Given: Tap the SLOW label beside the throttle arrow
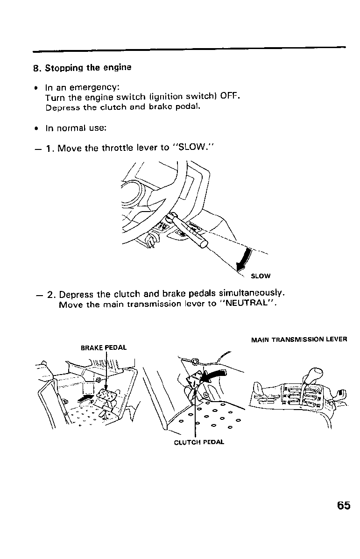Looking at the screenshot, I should pyautogui.click(x=261, y=276).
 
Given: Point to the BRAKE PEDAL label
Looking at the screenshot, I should pyautogui.click(x=104, y=347).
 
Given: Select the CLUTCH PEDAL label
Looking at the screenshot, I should pyautogui.click(x=199, y=442).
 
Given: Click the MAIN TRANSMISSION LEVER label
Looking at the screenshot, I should pyautogui.click(x=299, y=340).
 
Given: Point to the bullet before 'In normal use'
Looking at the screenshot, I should pyautogui.click(x=36, y=127).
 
